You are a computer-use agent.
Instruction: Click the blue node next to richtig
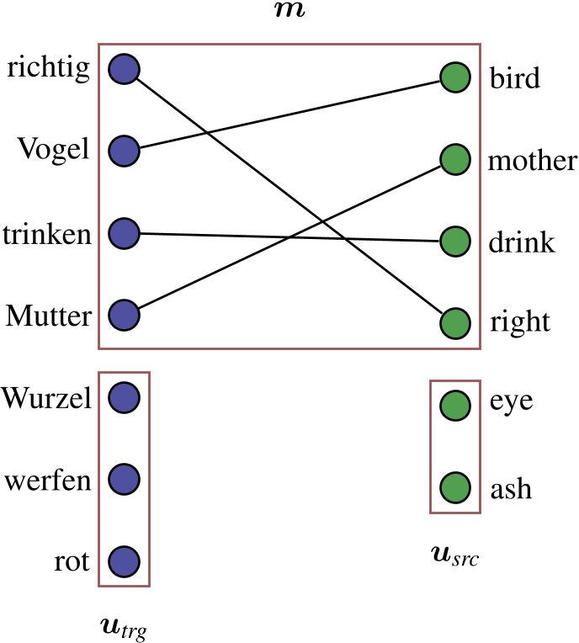[x=125, y=69]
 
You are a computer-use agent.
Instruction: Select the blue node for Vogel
[x=125, y=151]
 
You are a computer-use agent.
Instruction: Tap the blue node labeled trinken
[x=125, y=233]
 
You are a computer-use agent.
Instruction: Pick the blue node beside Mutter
[x=125, y=316]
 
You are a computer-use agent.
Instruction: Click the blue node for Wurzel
[x=125, y=396]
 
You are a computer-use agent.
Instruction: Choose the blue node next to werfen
[x=125, y=479]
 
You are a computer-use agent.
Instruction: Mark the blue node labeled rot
[x=125, y=561]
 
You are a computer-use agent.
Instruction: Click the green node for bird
[x=454, y=77]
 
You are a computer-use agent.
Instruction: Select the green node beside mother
[x=454, y=160]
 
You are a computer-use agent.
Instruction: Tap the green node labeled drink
[x=454, y=242]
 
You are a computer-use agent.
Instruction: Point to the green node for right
[x=454, y=323]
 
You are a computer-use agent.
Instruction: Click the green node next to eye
[x=454, y=405]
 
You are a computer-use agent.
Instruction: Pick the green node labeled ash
[x=454, y=487]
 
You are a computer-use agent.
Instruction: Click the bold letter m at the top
[x=289, y=10]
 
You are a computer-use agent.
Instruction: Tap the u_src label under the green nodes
[x=454, y=556]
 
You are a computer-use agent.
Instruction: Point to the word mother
[x=532, y=160]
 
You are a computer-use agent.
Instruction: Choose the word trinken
[x=47, y=234]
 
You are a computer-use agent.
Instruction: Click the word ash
[x=510, y=488]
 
